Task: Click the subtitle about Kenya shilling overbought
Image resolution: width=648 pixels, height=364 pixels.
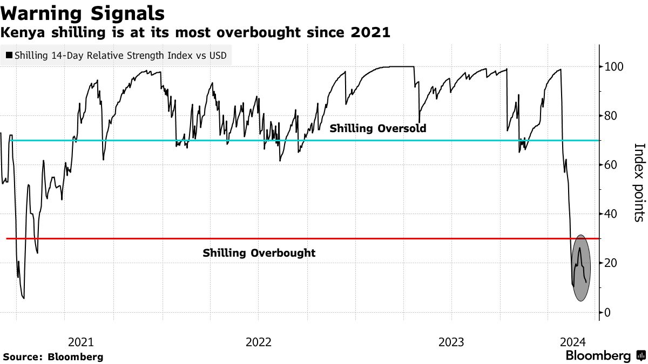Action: click(x=195, y=32)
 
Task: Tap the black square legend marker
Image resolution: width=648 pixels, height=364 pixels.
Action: click(x=9, y=55)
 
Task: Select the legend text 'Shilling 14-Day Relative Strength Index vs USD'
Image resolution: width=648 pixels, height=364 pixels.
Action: click(x=120, y=55)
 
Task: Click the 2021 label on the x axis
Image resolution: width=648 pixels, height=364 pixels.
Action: click(x=82, y=342)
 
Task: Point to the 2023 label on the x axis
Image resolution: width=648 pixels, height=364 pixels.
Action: click(x=451, y=342)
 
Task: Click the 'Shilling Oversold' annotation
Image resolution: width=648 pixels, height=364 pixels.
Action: click(x=378, y=128)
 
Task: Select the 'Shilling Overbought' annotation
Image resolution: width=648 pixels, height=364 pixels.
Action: click(x=259, y=253)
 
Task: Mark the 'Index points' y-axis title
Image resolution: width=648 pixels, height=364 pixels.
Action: click(x=639, y=182)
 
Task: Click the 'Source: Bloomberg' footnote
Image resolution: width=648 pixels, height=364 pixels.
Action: click(x=53, y=357)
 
